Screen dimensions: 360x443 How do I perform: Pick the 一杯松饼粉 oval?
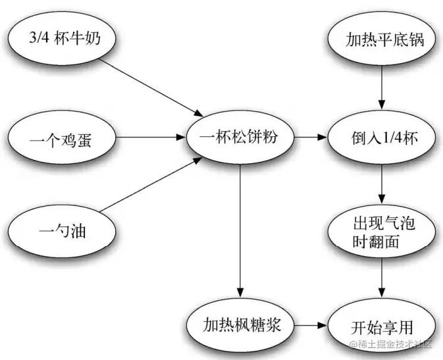240,138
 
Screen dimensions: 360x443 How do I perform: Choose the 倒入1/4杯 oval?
382,139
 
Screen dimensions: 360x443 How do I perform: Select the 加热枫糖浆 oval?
240,325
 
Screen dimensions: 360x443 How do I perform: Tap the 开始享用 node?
382,325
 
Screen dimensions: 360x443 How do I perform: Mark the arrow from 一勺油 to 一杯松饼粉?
151,188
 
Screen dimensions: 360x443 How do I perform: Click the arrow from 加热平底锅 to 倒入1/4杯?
382,86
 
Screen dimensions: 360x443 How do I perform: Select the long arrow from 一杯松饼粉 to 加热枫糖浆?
240,230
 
